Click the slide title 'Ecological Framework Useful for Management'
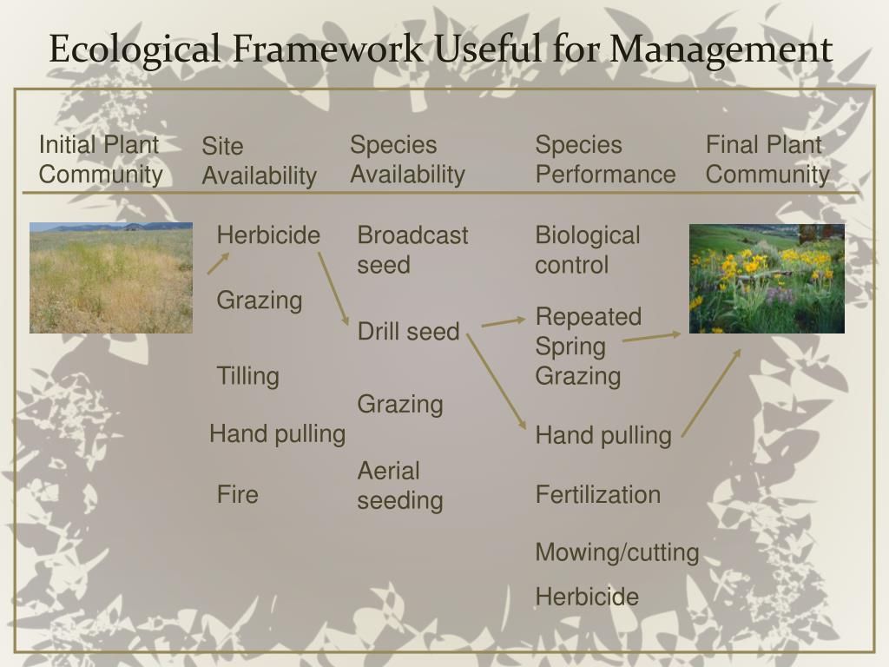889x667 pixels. pyautogui.click(x=440, y=49)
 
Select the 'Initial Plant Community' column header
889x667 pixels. pyautogui.click(x=101, y=160)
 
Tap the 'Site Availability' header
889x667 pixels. pyautogui.click(x=259, y=162)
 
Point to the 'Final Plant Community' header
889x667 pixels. pyautogui.click(x=767, y=160)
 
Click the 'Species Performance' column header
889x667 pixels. pyautogui.click(x=605, y=160)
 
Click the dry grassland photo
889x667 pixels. pyautogui.click(x=111, y=278)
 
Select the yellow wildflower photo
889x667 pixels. pyautogui.click(x=767, y=278)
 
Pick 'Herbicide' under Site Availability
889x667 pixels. pyautogui.click(x=268, y=235)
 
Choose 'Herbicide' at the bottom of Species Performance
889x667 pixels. pyautogui.click(x=587, y=597)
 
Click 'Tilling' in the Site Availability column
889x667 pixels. pyautogui.click(x=247, y=376)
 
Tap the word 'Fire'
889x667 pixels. pyautogui.click(x=237, y=494)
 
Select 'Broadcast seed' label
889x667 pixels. pyautogui.click(x=412, y=250)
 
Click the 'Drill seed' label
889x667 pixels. pyautogui.click(x=408, y=331)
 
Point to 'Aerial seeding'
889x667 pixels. pyautogui.click(x=400, y=485)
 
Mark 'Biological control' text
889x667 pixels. pyautogui.click(x=587, y=250)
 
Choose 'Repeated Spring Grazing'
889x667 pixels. pyautogui.click(x=588, y=346)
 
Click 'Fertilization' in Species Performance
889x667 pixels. pyautogui.click(x=597, y=494)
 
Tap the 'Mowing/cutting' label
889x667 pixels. pyautogui.click(x=616, y=552)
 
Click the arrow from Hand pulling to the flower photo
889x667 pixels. pyautogui.click(x=711, y=392)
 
